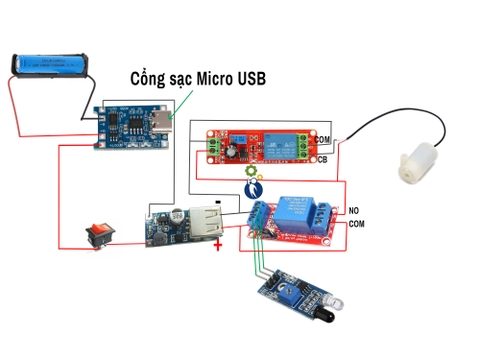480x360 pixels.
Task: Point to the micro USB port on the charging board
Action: (x=165, y=129)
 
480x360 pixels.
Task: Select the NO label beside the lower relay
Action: (x=353, y=210)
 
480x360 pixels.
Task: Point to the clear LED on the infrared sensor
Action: (x=336, y=300)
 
